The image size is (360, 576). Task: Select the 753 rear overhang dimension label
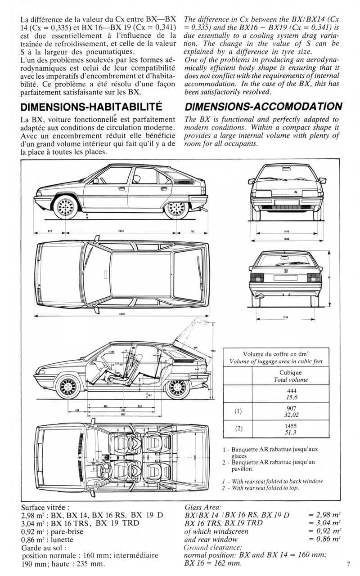coord(192,232)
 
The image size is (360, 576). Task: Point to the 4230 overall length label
coord(121,313)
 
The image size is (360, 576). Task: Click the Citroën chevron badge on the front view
coord(295,192)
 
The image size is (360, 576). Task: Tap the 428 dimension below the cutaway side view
coord(77,410)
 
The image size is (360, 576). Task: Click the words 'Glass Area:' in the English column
coord(202,507)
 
